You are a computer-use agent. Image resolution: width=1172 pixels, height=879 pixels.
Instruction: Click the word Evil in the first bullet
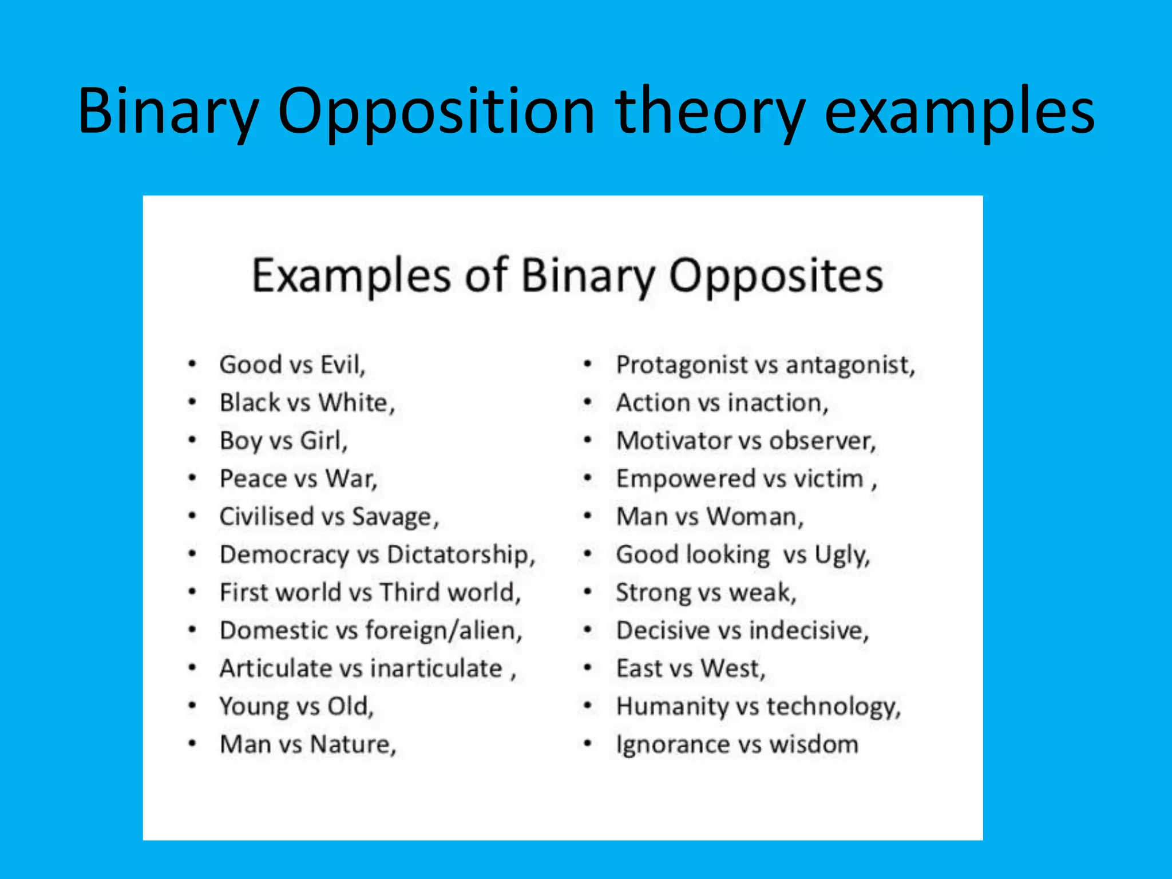[x=342, y=365]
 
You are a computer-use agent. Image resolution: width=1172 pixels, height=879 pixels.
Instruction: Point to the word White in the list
[x=355, y=403]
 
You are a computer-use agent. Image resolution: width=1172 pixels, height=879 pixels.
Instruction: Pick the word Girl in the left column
[x=323, y=441]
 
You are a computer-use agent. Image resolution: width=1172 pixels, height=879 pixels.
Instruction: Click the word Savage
[x=394, y=517]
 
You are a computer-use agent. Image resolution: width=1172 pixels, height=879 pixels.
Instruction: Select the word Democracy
[x=284, y=555]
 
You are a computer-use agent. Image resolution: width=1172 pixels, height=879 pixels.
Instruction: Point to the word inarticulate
[x=436, y=668]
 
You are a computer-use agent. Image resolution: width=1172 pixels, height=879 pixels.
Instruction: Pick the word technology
[x=833, y=707]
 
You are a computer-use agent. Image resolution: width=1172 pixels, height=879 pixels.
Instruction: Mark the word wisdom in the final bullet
[x=813, y=745]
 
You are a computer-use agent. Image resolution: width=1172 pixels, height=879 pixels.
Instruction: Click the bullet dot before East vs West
[x=587, y=668]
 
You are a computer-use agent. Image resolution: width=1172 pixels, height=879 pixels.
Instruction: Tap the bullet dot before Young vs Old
[x=193, y=706]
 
